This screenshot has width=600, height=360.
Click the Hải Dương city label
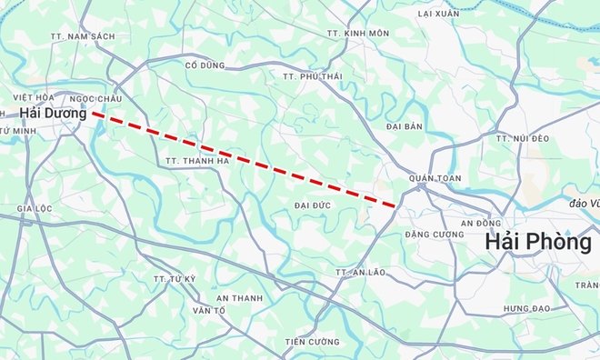click(x=53, y=114)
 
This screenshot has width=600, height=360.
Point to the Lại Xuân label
click(x=439, y=15)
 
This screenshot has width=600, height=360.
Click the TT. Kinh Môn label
click(x=358, y=33)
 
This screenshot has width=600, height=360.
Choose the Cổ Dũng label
click(x=204, y=65)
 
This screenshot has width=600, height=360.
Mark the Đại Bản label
click(x=405, y=126)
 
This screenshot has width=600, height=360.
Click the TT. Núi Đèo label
click(x=524, y=137)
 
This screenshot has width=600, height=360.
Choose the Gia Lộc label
click(x=35, y=207)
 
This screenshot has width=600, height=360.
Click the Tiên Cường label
click(x=312, y=342)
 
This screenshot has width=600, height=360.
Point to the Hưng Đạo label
click(x=527, y=309)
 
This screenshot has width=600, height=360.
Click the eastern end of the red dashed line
click(x=395, y=205)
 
